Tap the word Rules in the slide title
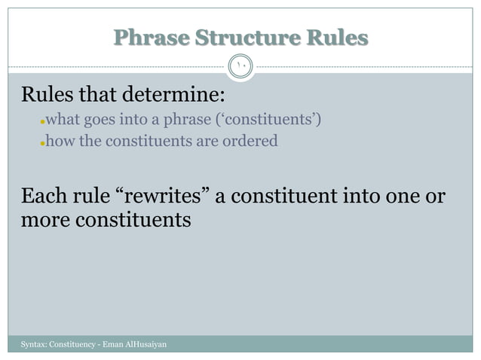point(340,37)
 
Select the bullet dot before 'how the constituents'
point(43,142)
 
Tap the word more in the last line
point(44,221)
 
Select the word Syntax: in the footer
point(32,344)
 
